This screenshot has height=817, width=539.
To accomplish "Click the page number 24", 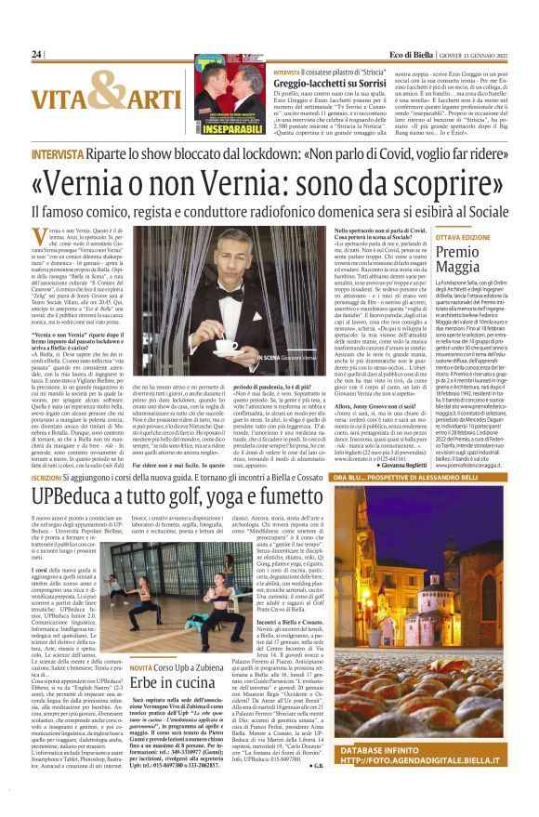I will (x=36, y=55).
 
